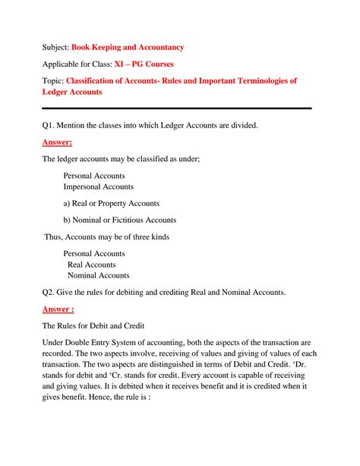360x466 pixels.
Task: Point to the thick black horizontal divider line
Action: coord(176,108)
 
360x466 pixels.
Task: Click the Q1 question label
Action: coord(49,125)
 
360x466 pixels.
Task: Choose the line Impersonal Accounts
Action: coord(98,186)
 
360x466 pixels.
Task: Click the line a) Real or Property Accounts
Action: coord(111,203)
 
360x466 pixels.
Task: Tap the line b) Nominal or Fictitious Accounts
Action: coord(120,220)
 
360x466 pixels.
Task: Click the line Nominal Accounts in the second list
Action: coord(98,275)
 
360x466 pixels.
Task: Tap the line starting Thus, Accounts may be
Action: coord(106,236)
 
